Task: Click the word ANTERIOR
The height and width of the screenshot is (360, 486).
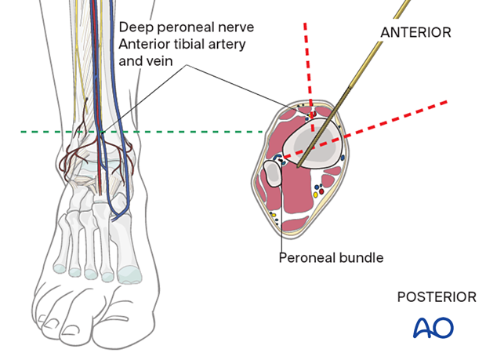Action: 415,32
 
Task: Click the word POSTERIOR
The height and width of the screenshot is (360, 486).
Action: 437,297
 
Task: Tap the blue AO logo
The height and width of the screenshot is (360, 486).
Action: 433,327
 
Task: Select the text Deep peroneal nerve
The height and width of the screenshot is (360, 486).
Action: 187,27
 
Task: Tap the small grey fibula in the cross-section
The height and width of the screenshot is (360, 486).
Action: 273,173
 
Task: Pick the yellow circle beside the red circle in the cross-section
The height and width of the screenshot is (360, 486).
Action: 314,194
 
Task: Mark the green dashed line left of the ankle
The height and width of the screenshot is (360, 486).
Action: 47,132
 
